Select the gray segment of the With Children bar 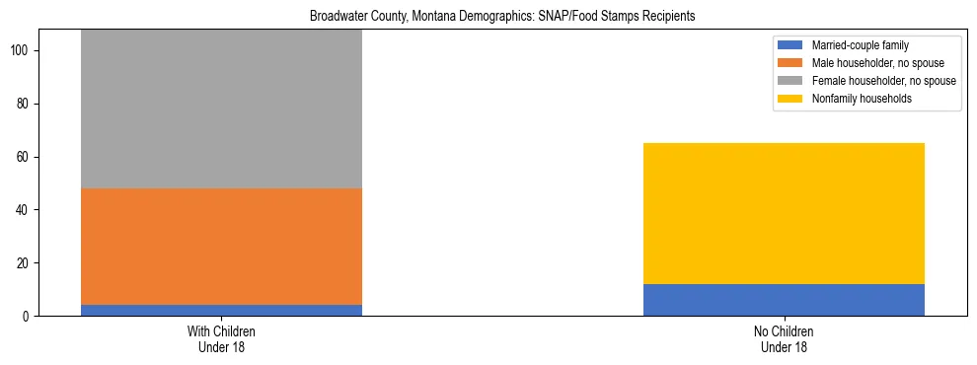pyautogui.click(x=221, y=109)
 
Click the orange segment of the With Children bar pyautogui.click(x=221, y=247)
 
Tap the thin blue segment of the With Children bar pyautogui.click(x=221, y=310)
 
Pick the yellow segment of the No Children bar pyautogui.click(x=784, y=213)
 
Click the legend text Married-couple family pyautogui.click(x=859, y=45)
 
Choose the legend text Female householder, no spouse pyautogui.click(x=883, y=81)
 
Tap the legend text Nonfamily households pyautogui.click(x=862, y=99)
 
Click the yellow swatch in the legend pyautogui.click(x=790, y=99)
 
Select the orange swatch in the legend pyautogui.click(x=790, y=63)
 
